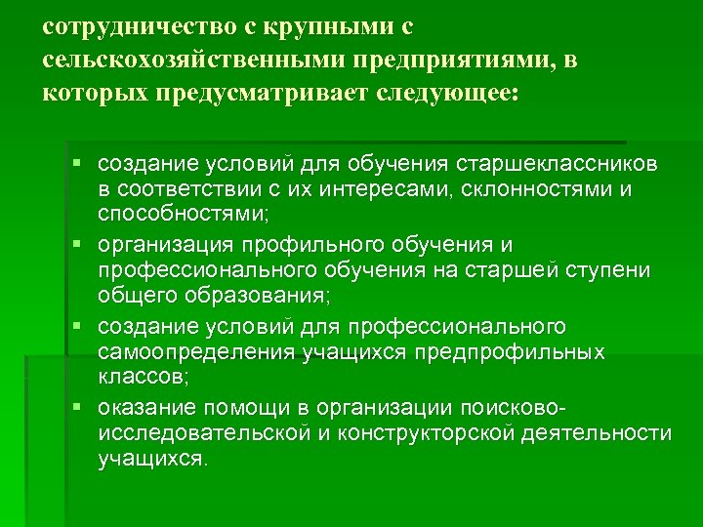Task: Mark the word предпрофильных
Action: click(520, 350)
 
